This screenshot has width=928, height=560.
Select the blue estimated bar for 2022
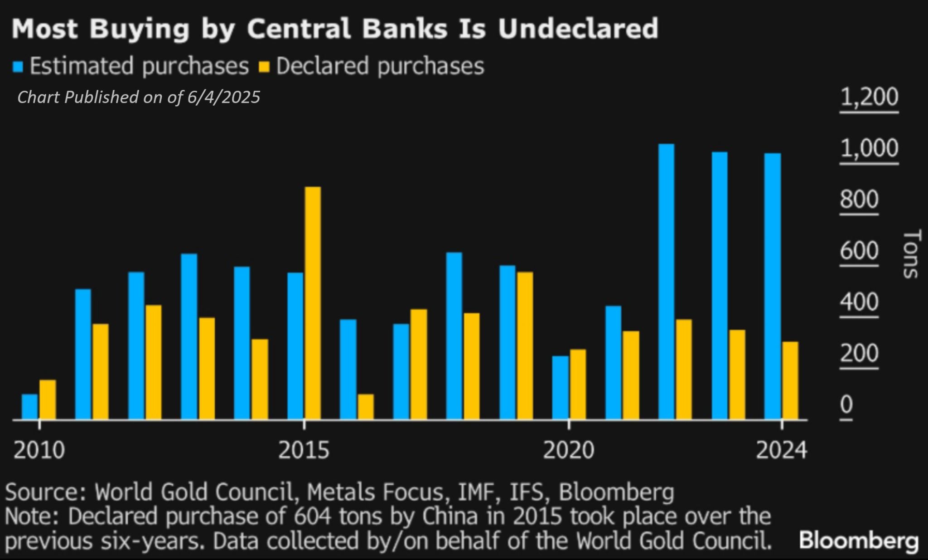tap(666, 282)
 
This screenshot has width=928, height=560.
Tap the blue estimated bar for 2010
tap(30, 407)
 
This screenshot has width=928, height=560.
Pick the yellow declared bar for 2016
tap(366, 407)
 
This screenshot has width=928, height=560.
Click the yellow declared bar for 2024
tap(790, 380)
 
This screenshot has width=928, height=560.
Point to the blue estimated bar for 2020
tap(560, 388)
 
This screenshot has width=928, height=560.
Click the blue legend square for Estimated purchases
tap(18, 67)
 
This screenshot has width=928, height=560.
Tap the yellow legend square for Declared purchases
tap(264, 67)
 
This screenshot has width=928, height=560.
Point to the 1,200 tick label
tap(869, 97)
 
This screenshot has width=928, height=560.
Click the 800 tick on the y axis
tap(859, 200)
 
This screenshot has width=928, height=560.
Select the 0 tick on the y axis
tap(846, 405)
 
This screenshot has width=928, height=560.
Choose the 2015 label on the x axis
tap(304, 450)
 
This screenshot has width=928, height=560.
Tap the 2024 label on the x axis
tap(782, 450)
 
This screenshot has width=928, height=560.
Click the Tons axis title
tap(911, 254)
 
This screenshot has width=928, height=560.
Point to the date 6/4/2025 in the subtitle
tap(223, 97)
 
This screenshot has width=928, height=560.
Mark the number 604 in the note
tap(311, 516)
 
